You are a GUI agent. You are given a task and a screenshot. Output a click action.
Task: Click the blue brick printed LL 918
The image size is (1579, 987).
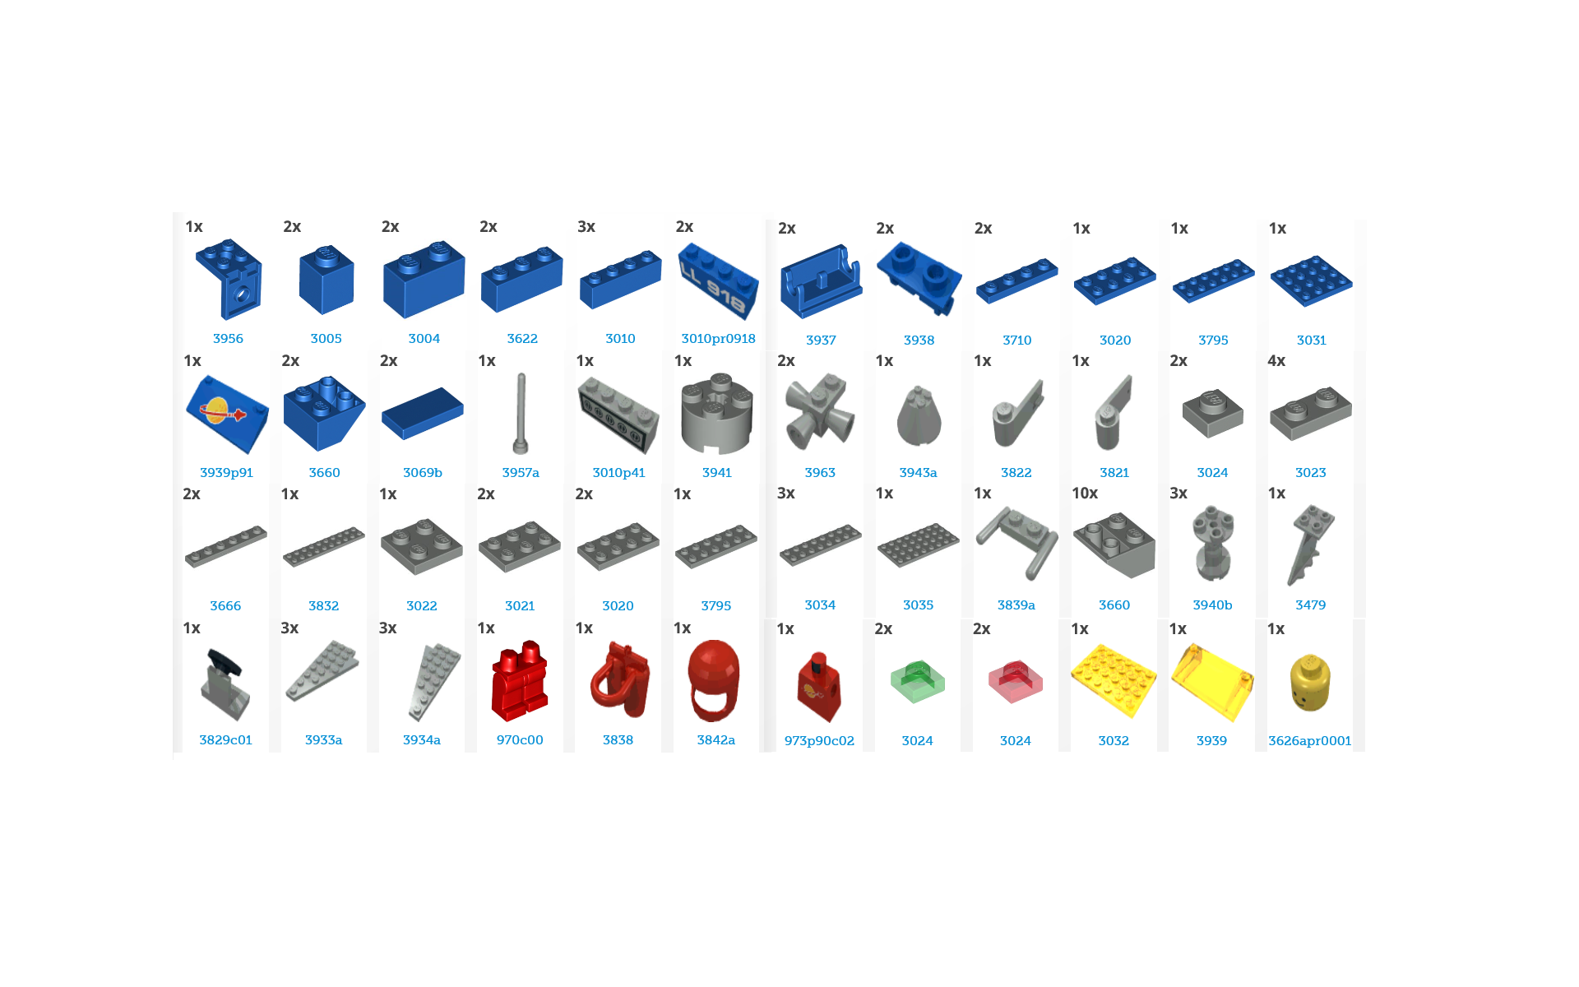point(718,280)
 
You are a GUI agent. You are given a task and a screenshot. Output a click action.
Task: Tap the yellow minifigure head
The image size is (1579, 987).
point(1310,682)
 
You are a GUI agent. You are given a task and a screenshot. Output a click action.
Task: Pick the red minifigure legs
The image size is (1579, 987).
point(520,681)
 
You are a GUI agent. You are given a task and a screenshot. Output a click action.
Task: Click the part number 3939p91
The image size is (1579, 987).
point(226,472)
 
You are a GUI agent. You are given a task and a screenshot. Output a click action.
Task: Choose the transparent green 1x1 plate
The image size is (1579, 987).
point(918,682)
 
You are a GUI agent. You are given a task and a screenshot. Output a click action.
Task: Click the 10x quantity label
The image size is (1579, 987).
point(1085,493)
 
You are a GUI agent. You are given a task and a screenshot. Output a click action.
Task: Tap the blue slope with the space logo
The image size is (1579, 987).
point(227,414)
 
